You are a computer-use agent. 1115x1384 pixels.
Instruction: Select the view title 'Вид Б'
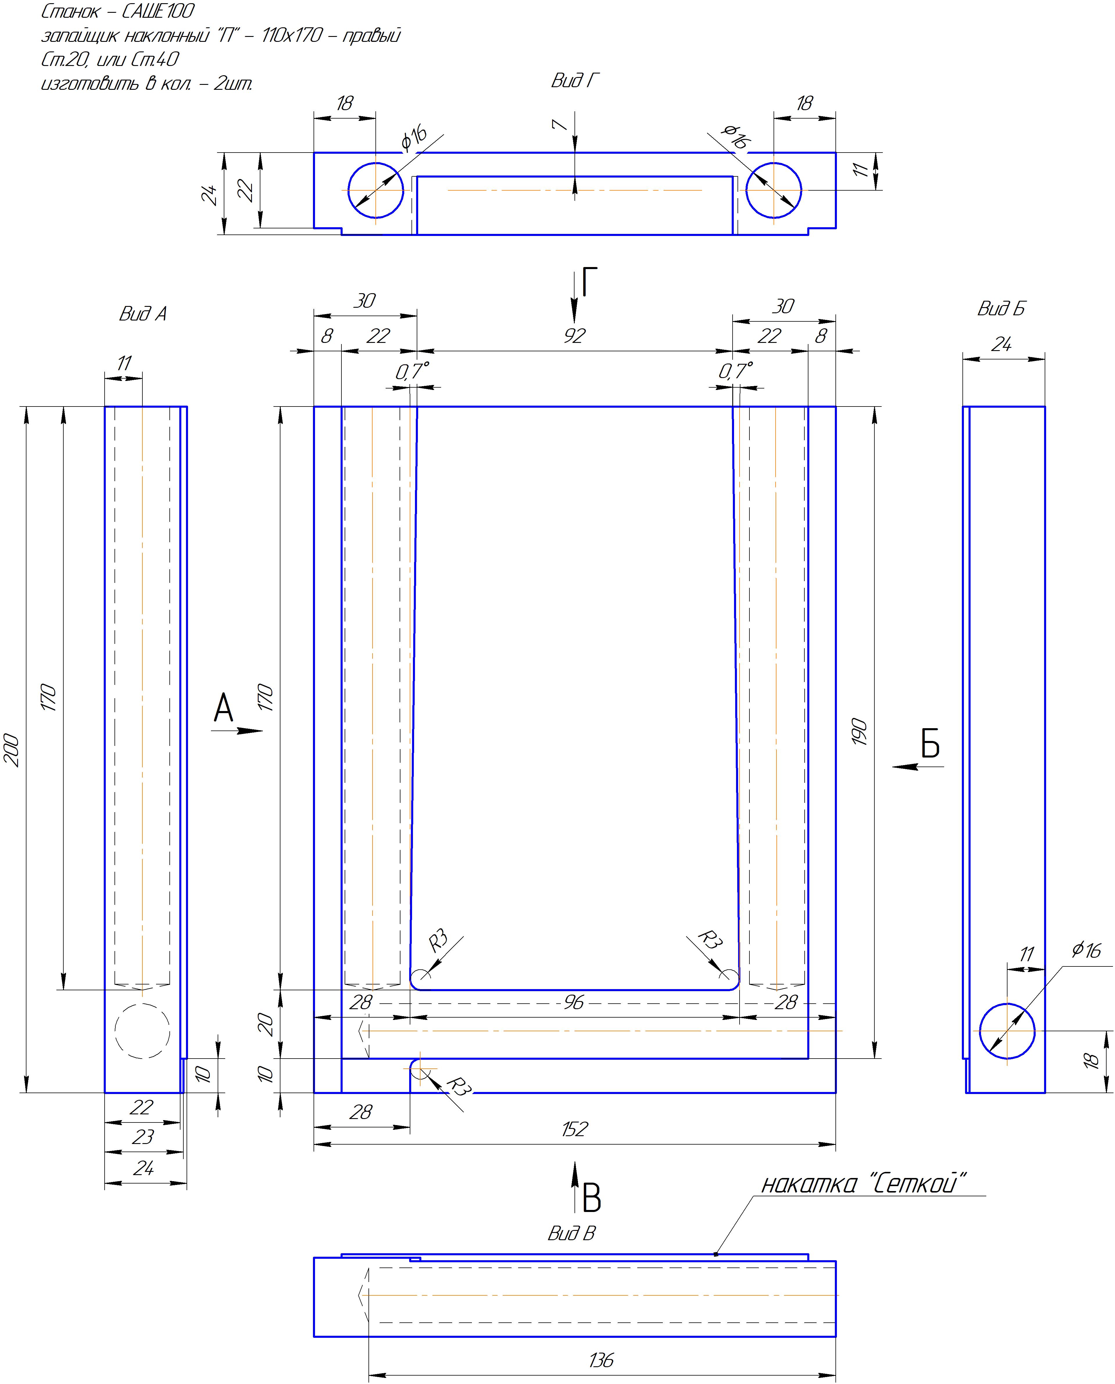(1001, 309)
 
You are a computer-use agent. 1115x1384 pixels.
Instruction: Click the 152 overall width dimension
(574, 1129)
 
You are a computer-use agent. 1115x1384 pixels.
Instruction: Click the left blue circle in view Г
(376, 190)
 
